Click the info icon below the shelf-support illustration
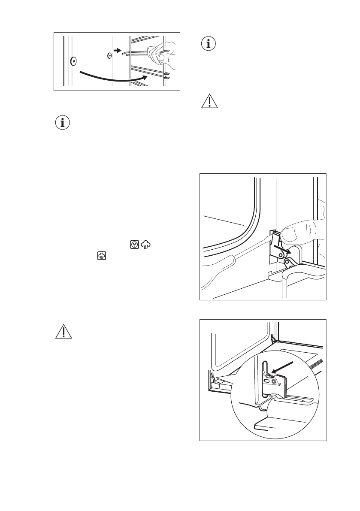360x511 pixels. [64, 123]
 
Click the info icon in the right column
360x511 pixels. [209, 45]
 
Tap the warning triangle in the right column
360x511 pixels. [209, 102]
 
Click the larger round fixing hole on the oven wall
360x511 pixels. [73, 61]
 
